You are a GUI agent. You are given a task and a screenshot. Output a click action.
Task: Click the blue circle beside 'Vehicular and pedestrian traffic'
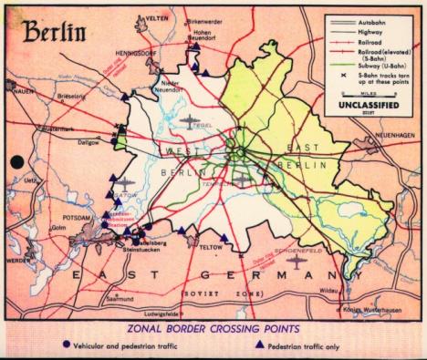point(65,345)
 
